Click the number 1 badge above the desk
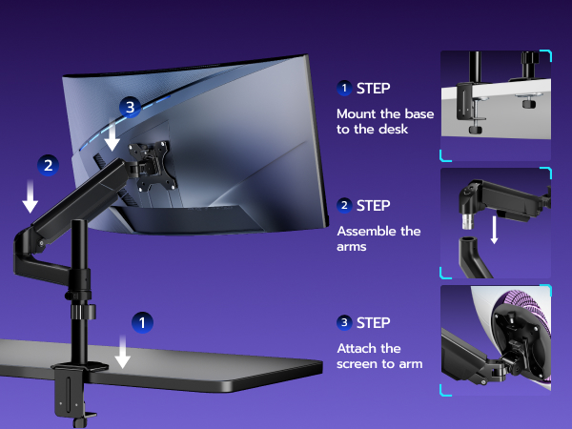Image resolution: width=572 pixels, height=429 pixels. tap(141, 322)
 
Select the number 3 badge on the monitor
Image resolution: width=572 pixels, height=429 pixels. tap(131, 107)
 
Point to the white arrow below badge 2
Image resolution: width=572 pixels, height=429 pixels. tap(31, 196)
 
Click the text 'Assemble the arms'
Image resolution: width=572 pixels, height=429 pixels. tap(378, 238)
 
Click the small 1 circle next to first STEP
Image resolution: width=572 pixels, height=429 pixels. tap(344, 88)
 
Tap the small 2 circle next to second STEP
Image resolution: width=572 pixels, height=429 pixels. tap(344, 205)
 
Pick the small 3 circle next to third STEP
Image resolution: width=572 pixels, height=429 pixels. tap(344, 322)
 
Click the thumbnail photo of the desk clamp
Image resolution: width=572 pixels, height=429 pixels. tap(496, 105)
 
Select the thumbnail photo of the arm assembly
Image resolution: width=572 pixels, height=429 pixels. tap(496, 223)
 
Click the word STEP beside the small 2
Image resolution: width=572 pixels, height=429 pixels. tap(374, 205)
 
